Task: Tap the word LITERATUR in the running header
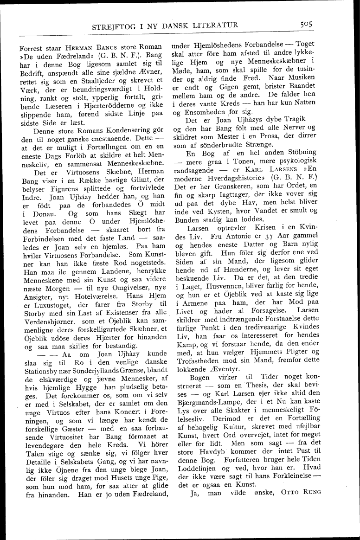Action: tap(216, 26)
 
